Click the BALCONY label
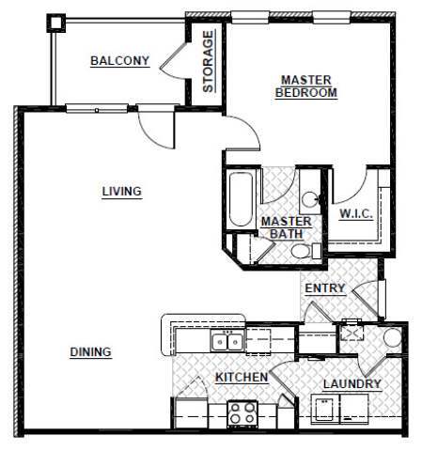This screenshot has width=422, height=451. tap(119, 62)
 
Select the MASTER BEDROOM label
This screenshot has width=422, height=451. tap(305, 86)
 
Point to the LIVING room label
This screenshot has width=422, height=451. tap(121, 192)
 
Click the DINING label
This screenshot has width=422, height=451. tap(91, 352)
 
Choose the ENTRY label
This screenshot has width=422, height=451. tap(324, 288)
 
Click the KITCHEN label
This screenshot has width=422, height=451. tap(242, 378)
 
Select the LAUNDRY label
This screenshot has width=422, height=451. tap(352, 384)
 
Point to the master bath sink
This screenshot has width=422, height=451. tap(311, 198)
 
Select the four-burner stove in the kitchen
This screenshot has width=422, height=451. tap(242, 411)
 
